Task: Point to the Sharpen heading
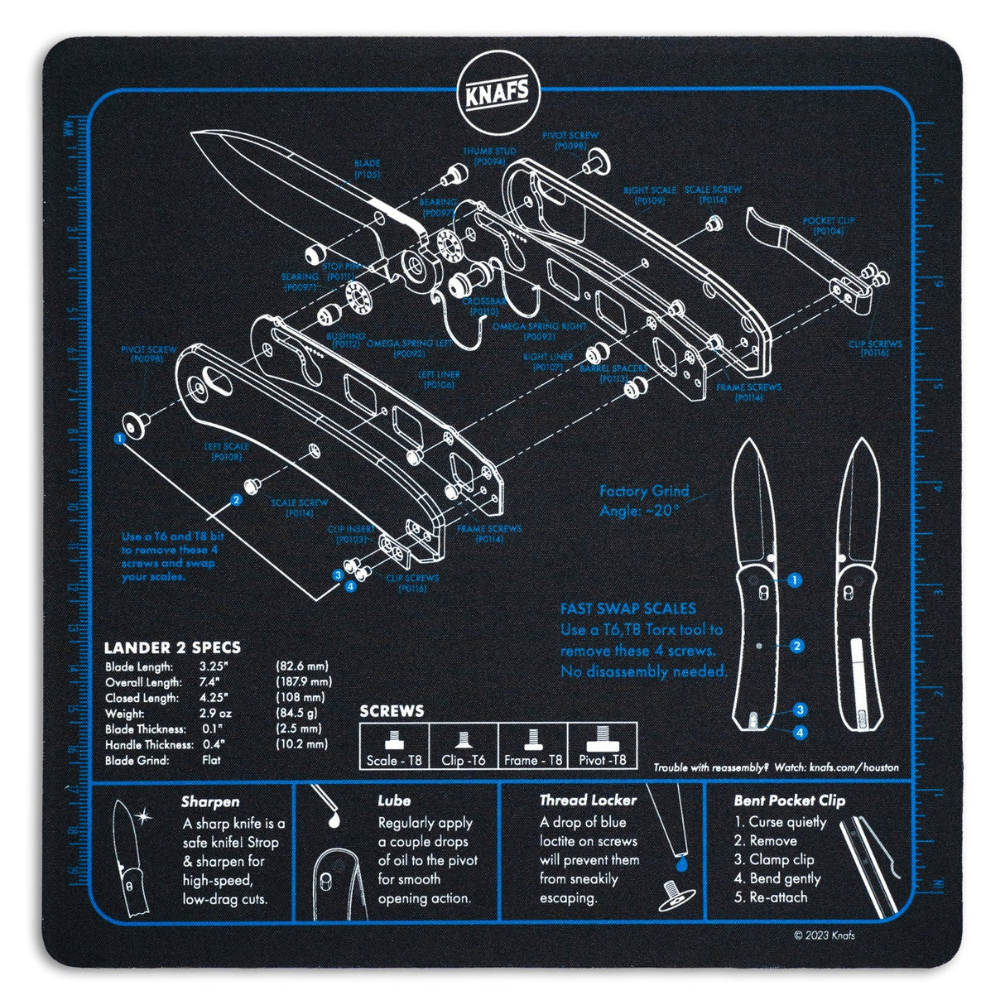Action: (210, 801)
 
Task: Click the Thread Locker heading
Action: (588, 801)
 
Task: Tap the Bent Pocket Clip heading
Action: (789, 801)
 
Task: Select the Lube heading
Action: (394, 801)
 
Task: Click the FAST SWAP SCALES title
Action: (628, 609)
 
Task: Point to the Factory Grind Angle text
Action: (644, 501)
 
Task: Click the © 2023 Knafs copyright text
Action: (824, 935)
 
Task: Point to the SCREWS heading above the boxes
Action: (392, 711)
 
